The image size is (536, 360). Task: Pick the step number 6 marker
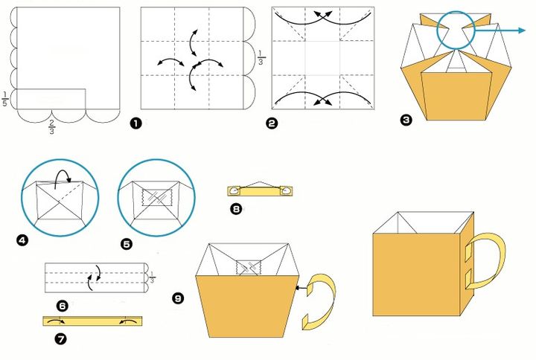pos(62,305)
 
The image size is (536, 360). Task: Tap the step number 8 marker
pos(237,210)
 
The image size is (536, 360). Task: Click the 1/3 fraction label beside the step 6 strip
pos(152,279)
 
